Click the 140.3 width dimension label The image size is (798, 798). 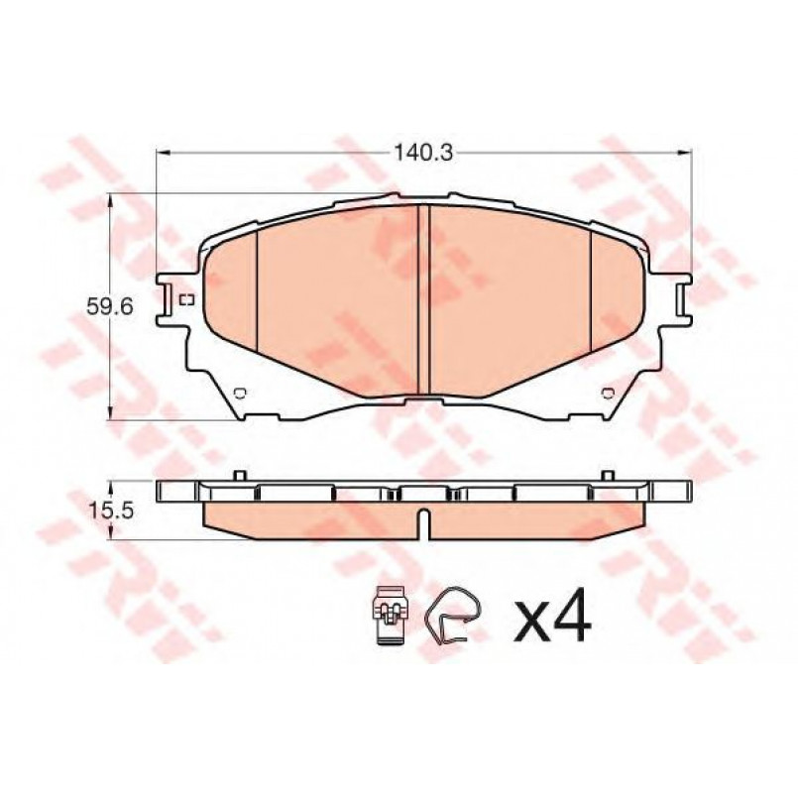pos(423,153)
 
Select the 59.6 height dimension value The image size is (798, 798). pos(109,306)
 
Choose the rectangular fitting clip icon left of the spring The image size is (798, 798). pos(391,615)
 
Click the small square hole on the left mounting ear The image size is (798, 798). pos(187,300)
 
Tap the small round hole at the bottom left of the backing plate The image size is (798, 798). pos(240,393)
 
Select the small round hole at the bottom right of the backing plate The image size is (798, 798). pos(607,393)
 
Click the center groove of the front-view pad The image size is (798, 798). pos(423,299)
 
